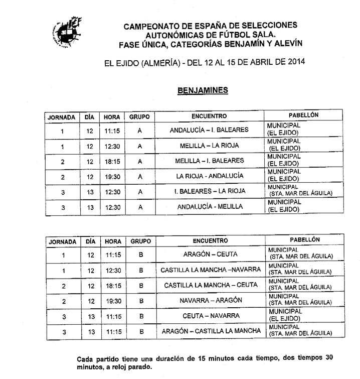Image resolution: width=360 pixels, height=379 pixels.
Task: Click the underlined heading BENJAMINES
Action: point(203,90)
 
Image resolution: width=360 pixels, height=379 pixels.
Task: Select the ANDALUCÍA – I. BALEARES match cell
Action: point(209,130)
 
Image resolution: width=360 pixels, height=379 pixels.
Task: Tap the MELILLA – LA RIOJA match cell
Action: point(209,146)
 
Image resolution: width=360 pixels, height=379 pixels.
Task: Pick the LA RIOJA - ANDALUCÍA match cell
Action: point(210,176)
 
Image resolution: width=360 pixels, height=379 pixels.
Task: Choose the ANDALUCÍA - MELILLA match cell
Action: point(210,206)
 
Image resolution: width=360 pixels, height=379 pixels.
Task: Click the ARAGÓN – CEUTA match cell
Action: point(211,255)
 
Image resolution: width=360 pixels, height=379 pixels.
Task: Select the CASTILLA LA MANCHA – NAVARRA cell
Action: point(211,270)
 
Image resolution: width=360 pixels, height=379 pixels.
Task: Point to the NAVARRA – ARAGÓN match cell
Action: point(211,300)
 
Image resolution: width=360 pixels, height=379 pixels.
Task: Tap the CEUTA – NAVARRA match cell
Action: point(211,316)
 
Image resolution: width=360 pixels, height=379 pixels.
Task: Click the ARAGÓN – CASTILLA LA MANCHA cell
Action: point(211,331)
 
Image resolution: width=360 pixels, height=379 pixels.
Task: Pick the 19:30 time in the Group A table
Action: point(112,177)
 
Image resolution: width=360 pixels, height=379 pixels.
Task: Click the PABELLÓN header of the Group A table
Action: point(303,115)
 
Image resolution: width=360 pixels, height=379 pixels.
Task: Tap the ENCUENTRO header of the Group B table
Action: point(210,241)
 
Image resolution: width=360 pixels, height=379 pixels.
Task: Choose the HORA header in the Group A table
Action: point(112,117)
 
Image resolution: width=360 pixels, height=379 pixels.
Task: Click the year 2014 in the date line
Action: point(293,63)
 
